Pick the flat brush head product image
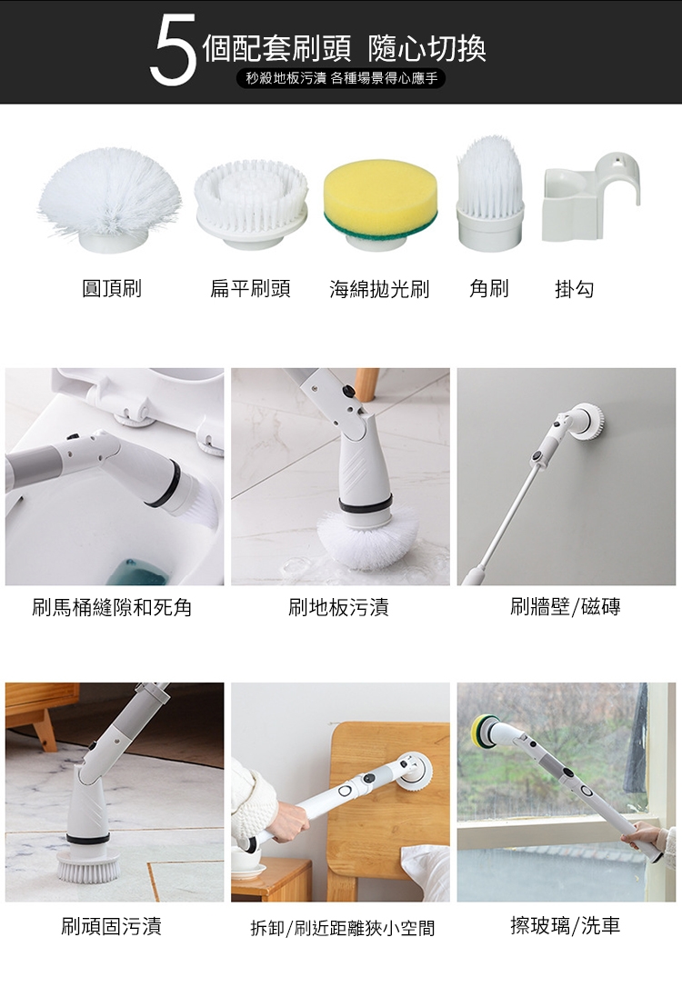[x=251, y=204]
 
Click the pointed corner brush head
[x=490, y=193]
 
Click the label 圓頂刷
[x=112, y=288]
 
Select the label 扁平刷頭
[x=250, y=288]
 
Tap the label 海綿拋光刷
[x=379, y=289]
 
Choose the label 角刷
[x=489, y=288]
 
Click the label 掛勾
[x=575, y=289]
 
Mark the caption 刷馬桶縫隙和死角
[x=113, y=607]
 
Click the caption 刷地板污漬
[x=339, y=607]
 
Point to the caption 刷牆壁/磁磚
[x=566, y=606]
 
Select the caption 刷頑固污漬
[x=111, y=925]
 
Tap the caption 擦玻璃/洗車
[x=566, y=925]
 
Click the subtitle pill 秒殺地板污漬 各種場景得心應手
[x=341, y=78]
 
